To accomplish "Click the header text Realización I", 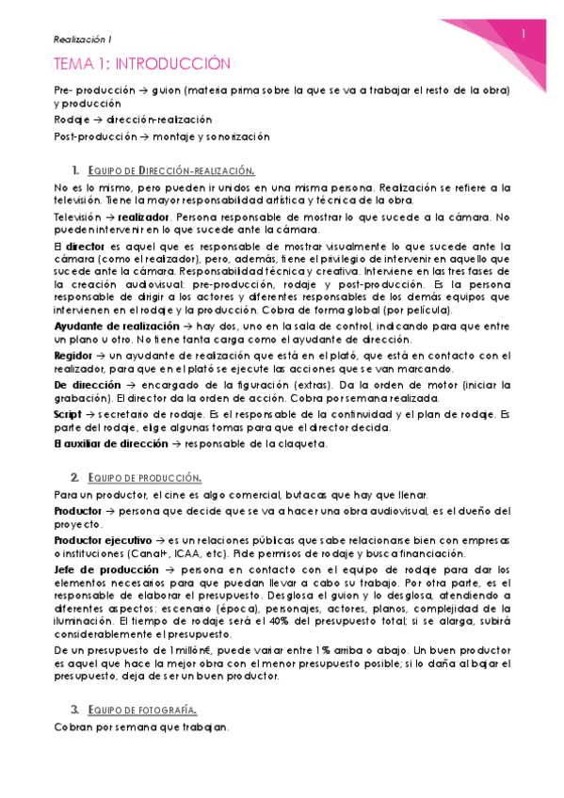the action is tap(82, 39).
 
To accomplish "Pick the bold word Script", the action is tap(69, 415).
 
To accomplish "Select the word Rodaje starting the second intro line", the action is tap(73, 120).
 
